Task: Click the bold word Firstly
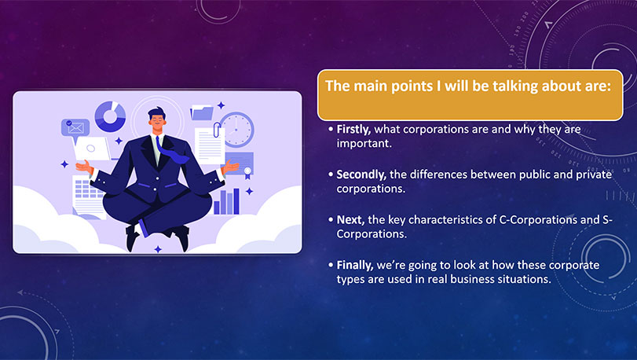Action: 353,129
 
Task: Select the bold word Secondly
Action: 361,174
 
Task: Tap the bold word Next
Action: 350,220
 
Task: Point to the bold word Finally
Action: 355,265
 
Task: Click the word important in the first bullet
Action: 364,144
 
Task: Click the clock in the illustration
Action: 237,130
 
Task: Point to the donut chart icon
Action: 110,116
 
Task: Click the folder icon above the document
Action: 202,112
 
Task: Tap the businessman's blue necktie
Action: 169,149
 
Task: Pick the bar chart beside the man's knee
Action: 227,201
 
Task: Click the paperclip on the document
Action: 217,130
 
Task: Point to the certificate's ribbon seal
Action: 247,172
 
